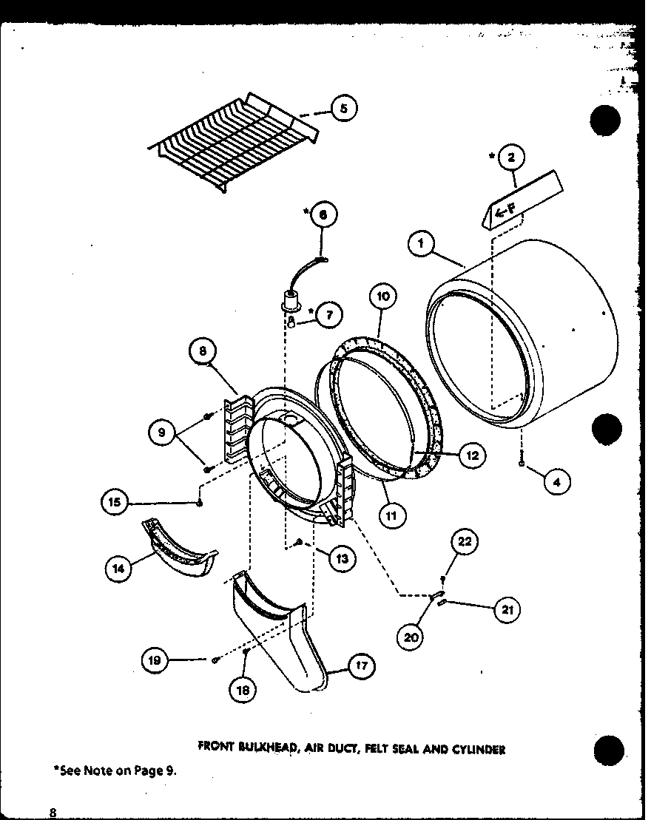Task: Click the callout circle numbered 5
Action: tap(343, 109)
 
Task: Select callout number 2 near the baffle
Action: tap(511, 157)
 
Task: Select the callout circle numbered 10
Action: tap(382, 298)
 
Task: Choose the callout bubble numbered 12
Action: tap(470, 455)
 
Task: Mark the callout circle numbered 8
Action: tap(202, 353)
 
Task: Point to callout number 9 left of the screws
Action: tap(161, 433)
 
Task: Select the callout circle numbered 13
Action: tap(343, 559)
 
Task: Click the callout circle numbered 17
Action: tap(360, 667)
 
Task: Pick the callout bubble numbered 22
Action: tap(464, 541)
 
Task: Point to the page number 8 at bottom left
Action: tap(53, 812)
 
